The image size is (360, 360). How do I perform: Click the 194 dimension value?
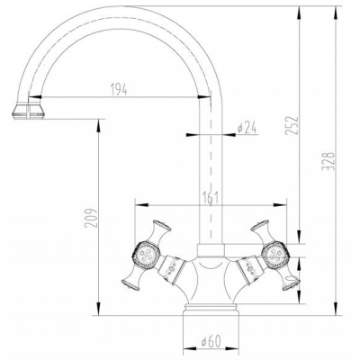119,90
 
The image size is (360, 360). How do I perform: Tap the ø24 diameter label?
247,128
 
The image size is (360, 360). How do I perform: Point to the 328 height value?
328,161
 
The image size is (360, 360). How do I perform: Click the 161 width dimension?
209,197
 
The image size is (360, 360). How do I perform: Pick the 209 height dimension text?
91,218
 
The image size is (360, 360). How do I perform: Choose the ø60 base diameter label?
211,342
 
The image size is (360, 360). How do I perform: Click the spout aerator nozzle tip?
28,111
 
